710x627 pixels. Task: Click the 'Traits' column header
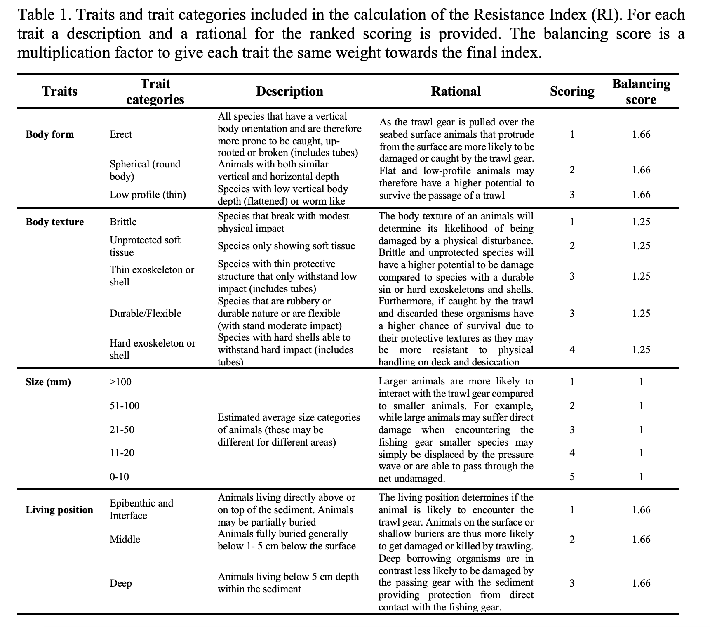point(59,91)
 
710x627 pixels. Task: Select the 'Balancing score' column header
point(641,92)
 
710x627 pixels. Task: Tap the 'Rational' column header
point(456,91)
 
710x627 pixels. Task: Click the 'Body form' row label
point(49,134)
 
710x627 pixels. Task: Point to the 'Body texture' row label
point(54,222)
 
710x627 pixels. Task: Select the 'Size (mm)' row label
point(48,382)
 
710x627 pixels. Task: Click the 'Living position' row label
point(59,510)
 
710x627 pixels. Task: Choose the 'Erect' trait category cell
point(121,134)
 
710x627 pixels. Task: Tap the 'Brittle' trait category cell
point(123,222)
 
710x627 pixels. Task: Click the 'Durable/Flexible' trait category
point(145,313)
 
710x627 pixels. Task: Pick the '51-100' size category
point(125,406)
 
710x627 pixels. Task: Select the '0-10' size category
point(119,477)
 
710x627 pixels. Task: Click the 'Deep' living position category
point(120,583)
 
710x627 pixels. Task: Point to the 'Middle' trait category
point(125,540)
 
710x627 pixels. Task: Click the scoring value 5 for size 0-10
point(572,477)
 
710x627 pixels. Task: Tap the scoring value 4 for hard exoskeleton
point(572,350)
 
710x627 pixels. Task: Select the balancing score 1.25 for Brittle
point(641,222)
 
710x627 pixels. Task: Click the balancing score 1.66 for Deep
point(641,583)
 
